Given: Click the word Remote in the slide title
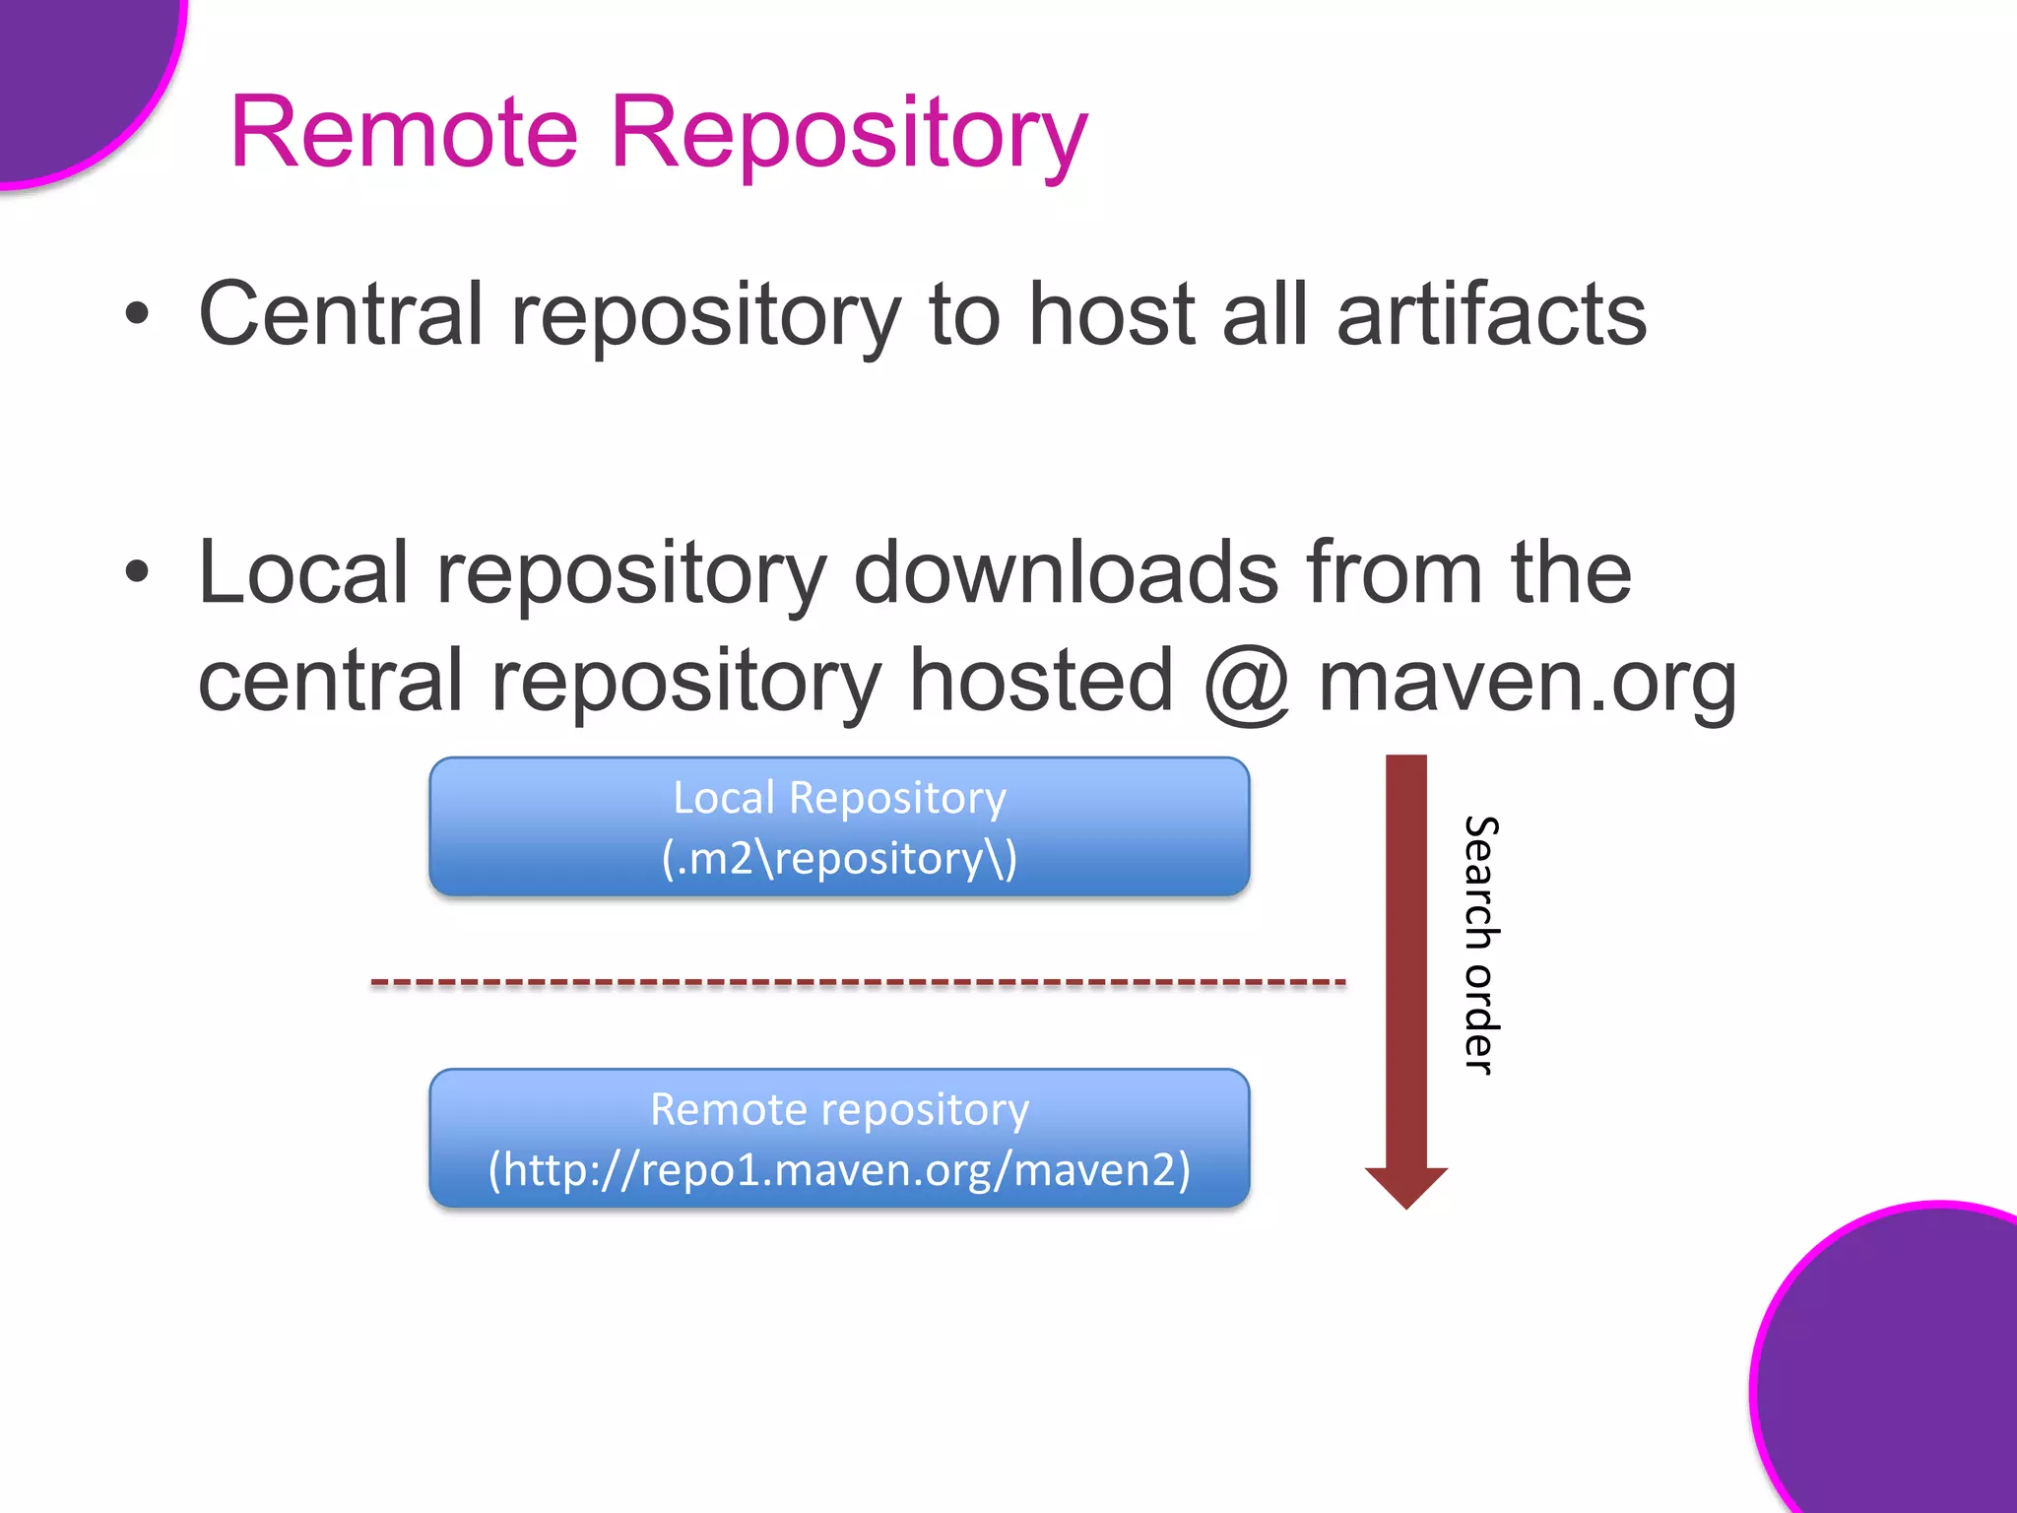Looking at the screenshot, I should coord(404,133).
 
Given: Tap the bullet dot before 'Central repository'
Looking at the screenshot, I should coord(138,314).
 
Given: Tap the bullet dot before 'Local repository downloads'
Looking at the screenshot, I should coord(138,572).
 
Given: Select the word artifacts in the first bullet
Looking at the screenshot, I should coord(1491,314).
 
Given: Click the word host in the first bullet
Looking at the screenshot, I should coord(1112,314).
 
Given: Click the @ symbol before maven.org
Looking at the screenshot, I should coord(1247,682).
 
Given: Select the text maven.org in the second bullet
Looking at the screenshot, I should coord(1527,682).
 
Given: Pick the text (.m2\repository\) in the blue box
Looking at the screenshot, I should coord(839,858).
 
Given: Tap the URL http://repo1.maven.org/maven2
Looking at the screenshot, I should coord(839,1170).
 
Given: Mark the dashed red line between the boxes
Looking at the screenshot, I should coord(857,982).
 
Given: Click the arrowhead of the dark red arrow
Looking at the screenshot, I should coord(1405,1186).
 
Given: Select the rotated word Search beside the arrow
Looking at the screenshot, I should coord(1479,883).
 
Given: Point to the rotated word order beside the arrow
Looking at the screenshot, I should coord(1479,1019).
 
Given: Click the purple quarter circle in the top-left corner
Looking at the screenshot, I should coord(69,69).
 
